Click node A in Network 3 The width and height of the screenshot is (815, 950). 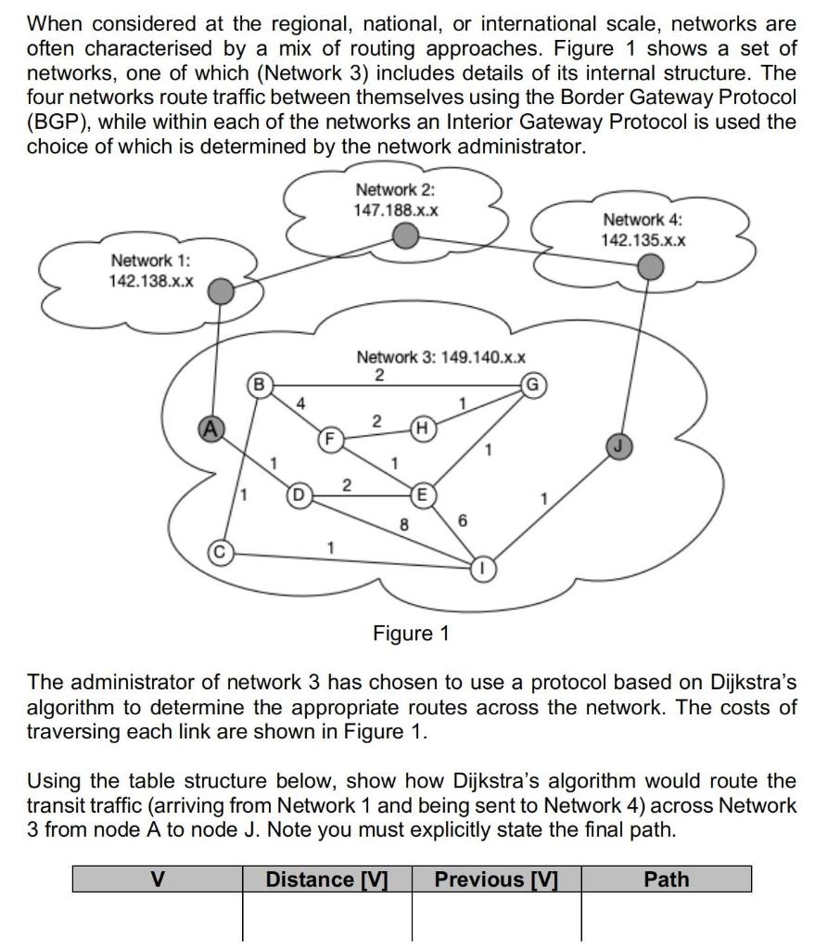click(212, 428)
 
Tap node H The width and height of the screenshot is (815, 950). click(423, 427)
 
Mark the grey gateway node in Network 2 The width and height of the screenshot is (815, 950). click(404, 239)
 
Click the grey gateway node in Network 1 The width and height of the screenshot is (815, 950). click(220, 293)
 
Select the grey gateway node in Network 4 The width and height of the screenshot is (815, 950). click(652, 268)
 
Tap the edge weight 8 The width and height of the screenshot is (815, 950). click(404, 524)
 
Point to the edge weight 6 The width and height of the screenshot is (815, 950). click(461, 521)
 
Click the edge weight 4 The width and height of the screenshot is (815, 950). click(299, 404)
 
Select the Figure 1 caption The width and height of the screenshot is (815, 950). click(410, 634)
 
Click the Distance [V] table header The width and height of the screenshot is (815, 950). click(326, 879)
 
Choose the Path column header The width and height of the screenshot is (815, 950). click(666, 879)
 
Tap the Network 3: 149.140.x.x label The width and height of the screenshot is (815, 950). click(441, 357)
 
